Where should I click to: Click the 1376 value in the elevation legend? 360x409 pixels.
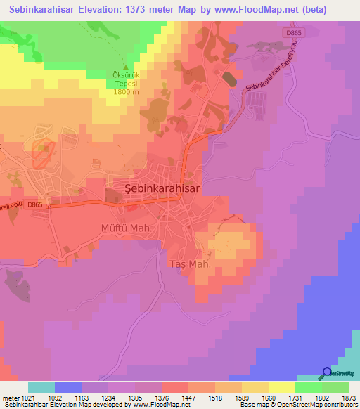[161, 398]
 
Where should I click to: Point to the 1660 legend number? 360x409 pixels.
[268, 398]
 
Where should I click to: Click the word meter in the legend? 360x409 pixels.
[10, 398]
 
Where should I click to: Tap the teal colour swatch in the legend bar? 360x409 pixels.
[41, 387]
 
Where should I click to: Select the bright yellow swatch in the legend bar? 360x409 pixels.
[282, 387]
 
